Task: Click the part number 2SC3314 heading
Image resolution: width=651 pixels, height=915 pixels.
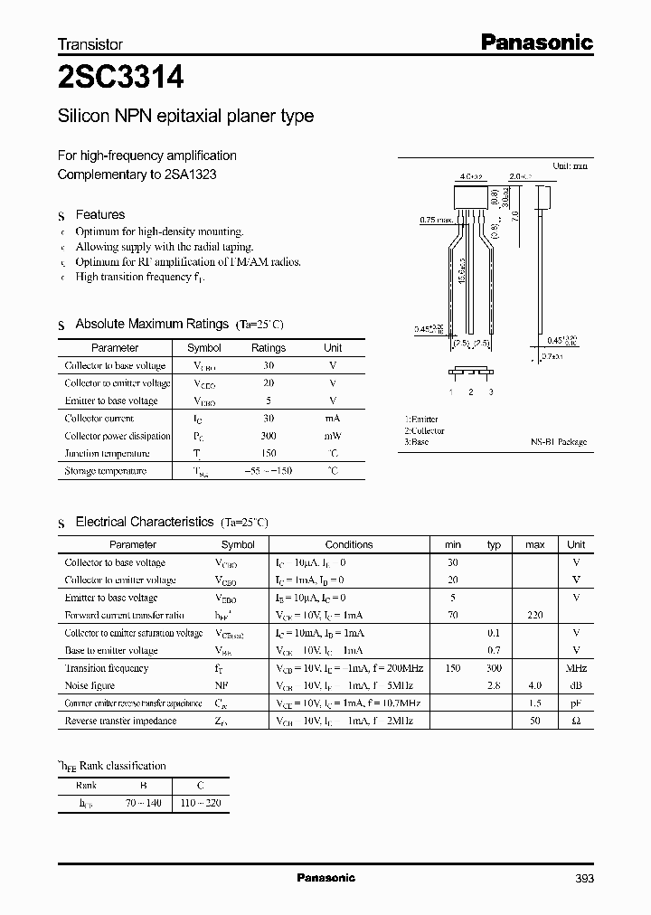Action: (x=121, y=79)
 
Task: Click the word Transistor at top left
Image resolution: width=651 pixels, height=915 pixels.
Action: (x=90, y=43)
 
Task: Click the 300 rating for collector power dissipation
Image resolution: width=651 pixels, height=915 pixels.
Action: (x=268, y=436)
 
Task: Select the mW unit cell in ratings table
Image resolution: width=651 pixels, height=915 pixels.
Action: (x=333, y=436)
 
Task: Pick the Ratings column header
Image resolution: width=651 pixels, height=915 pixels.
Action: (x=268, y=348)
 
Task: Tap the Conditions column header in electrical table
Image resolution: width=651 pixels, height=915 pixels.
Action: (x=349, y=545)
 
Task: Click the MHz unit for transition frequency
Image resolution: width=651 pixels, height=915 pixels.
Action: (x=575, y=668)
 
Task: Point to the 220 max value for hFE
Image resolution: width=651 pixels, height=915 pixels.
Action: (x=534, y=616)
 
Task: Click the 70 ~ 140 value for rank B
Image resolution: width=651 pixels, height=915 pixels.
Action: (x=143, y=803)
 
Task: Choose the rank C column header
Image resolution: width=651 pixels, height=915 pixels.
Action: (x=200, y=786)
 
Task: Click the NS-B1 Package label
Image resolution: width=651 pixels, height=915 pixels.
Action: (x=558, y=442)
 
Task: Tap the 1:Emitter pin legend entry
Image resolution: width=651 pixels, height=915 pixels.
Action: (x=421, y=420)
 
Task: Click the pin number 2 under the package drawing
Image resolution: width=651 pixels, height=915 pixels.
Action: (x=470, y=391)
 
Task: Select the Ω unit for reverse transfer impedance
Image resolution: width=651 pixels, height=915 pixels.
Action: (x=575, y=721)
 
